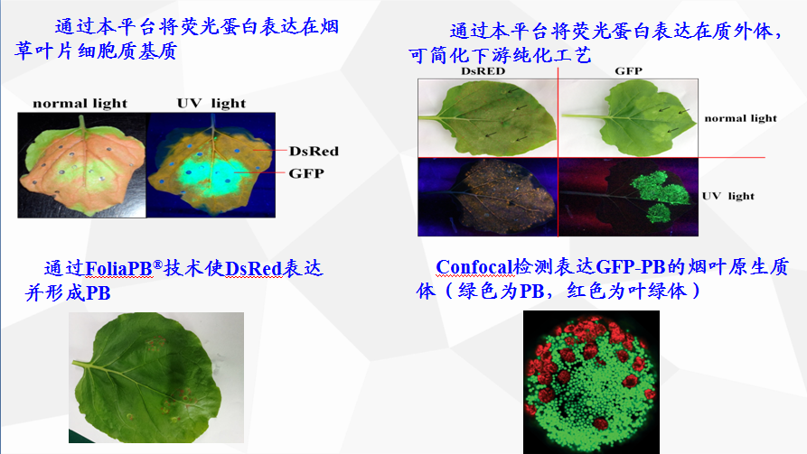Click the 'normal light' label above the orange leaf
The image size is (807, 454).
[80, 103]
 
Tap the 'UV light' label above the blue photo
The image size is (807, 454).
[211, 103]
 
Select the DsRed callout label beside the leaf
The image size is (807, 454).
[314, 151]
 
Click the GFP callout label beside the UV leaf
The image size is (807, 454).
[306, 173]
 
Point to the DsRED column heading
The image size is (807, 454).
[483, 71]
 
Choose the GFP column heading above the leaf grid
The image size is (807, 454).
[628, 71]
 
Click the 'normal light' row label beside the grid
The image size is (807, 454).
[740, 118]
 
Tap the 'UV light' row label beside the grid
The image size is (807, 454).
[727, 196]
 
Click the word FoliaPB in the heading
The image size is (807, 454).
[119, 268]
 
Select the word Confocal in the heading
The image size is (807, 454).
[474, 267]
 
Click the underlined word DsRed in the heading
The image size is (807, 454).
[253, 268]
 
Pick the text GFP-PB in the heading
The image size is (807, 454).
[631, 267]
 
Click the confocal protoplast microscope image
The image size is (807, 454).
[591, 382]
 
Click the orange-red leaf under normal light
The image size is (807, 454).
[82, 165]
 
